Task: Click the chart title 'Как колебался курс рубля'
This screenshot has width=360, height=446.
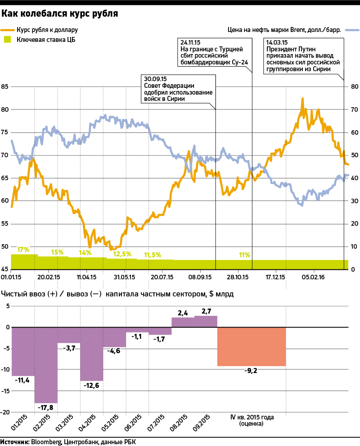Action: tap(60, 14)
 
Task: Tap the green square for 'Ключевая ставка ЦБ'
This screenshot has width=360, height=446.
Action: tap(7, 40)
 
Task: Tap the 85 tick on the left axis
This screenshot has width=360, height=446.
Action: tap(5, 86)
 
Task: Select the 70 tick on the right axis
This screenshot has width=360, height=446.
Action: tap(354, 109)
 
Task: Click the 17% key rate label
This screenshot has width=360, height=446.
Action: tap(23, 250)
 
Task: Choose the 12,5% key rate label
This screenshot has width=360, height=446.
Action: tap(122, 254)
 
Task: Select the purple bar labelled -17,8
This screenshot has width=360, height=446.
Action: tap(46, 365)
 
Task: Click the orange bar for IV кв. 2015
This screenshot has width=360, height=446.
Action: tap(252, 346)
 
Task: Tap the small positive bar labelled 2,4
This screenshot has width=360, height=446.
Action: tap(183, 323)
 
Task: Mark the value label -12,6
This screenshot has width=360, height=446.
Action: tap(92, 385)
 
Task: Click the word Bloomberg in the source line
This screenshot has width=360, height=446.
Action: tap(46, 441)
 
